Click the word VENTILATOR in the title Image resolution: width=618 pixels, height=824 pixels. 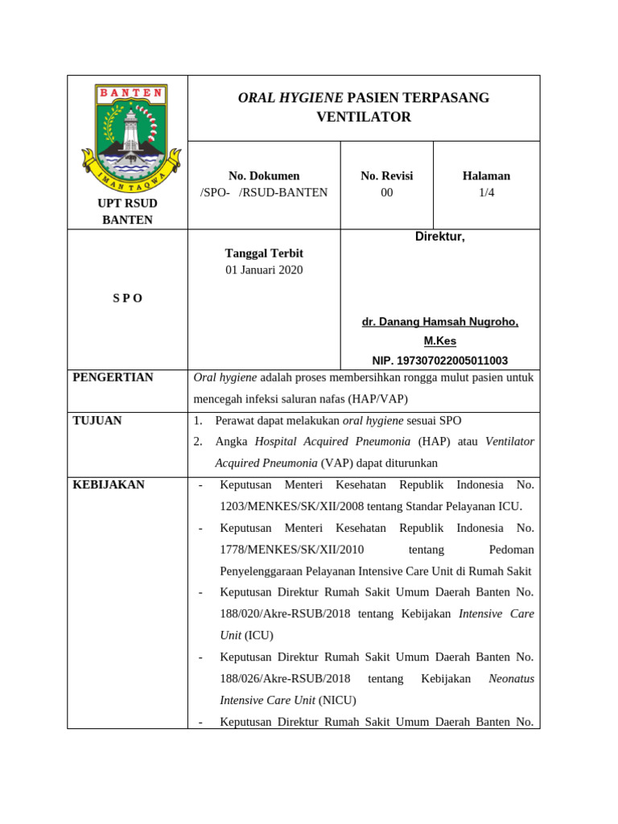364,117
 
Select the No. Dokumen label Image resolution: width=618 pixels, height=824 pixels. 264,175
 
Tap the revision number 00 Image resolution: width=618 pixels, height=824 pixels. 387,192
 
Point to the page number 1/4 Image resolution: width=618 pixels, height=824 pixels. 486,192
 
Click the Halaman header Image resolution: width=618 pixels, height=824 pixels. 486,175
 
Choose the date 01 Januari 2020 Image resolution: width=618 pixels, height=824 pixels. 264,270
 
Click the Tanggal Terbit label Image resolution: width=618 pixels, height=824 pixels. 264,253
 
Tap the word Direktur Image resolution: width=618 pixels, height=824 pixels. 439,237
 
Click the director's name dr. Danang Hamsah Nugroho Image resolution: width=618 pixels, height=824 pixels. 439,322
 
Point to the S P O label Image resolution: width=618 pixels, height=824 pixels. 127,298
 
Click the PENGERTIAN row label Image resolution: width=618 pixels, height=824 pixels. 113,377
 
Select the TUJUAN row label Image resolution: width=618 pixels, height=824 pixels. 97,420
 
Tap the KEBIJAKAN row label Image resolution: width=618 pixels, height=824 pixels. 109,484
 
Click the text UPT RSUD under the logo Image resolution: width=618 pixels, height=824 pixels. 127,203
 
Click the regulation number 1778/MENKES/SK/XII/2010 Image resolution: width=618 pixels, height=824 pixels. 292,550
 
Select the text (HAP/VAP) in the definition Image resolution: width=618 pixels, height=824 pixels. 378,399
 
